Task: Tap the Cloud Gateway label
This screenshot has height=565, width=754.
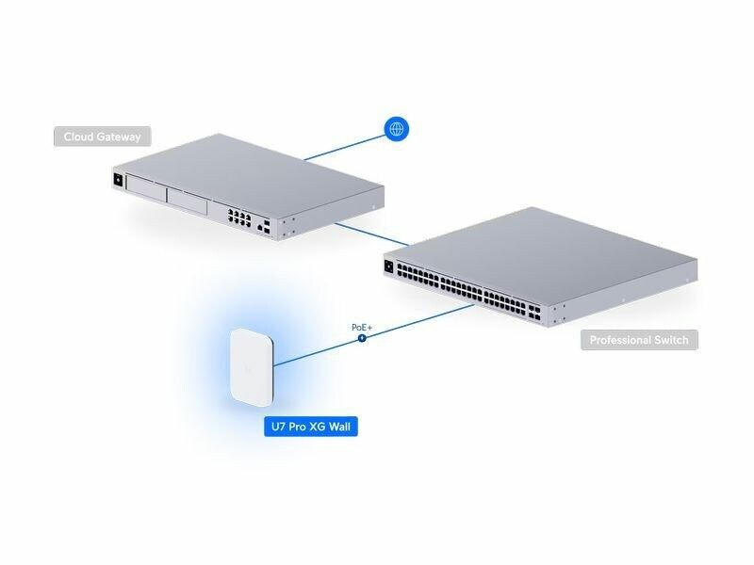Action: coord(102,137)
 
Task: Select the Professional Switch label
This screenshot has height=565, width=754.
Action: coord(639,340)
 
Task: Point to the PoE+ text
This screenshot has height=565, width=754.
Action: coord(362,327)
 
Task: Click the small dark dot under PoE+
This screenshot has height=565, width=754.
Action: coord(362,338)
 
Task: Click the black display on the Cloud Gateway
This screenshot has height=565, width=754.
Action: coord(119,179)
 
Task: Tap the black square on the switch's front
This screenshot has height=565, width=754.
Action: coord(388,266)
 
